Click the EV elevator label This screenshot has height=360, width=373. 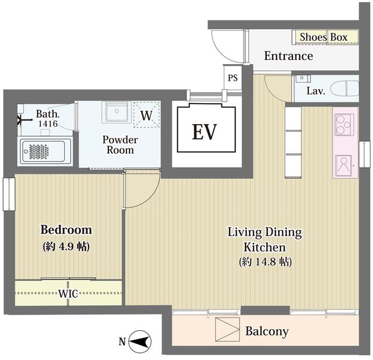(205, 132)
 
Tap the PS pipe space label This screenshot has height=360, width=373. (233, 78)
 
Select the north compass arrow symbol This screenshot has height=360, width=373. (140, 342)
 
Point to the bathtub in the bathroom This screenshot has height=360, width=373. (45, 151)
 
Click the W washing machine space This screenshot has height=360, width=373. (146, 115)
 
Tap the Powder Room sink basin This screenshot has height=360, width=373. (117, 112)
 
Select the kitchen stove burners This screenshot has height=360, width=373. (344, 124)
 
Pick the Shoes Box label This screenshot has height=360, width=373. (323, 37)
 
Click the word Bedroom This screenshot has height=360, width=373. (66, 230)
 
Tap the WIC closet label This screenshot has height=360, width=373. (68, 294)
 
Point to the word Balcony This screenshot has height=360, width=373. (267, 331)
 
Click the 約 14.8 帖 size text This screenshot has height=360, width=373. (265, 262)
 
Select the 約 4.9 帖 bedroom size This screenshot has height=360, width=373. (66, 246)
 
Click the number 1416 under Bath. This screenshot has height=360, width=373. (48, 123)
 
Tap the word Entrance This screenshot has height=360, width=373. (288, 56)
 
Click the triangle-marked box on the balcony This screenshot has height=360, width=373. (227, 330)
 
